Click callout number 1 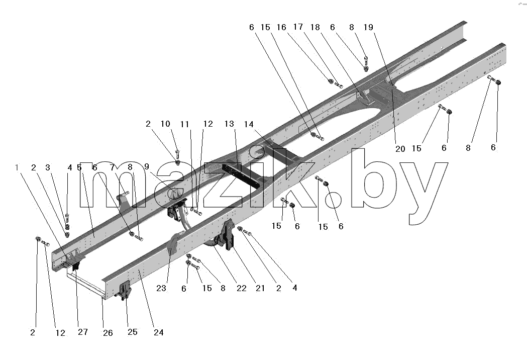tap(17, 167)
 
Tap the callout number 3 tap(48, 167)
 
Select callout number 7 tap(112, 167)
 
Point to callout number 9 tap(147, 166)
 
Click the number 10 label tap(165, 124)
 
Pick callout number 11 tap(185, 125)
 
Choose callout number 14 tap(249, 125)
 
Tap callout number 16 tap(281, 27)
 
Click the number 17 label tap(298, 27)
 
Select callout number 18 tap(315, 27)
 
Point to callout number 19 tap(368, 27)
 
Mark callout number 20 tap(400, 149)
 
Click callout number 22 tap(241, 288)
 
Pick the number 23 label tap(161, 288)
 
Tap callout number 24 tap(158, 332)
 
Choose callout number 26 tap(108, 333)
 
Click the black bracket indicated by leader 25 tap(124, 290)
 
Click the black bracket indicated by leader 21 tap(229, 234)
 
